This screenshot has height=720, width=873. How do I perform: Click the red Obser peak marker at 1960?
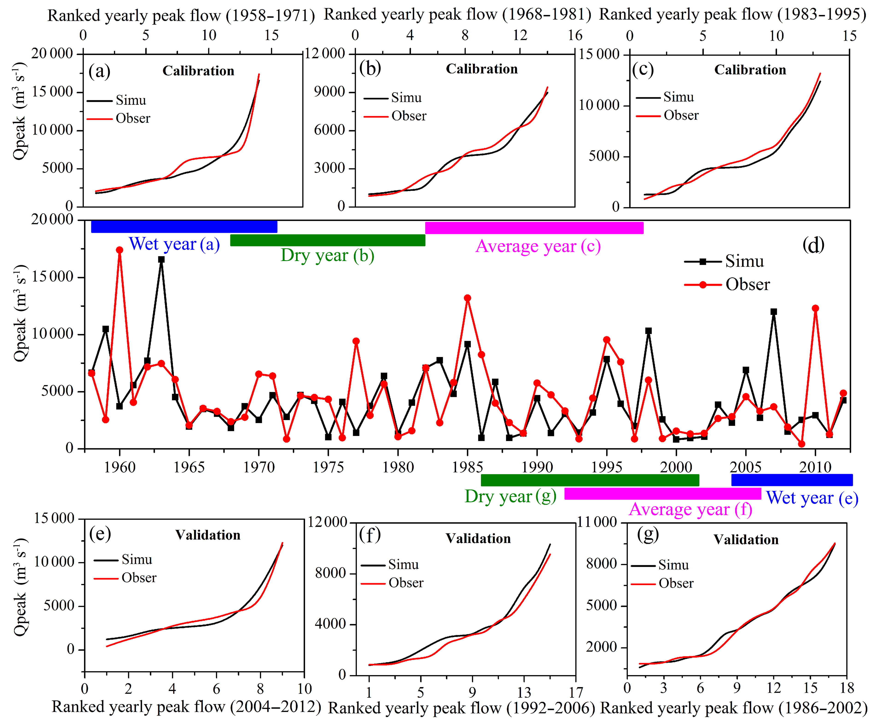point(119,250)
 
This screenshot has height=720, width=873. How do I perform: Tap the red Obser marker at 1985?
point(467,298)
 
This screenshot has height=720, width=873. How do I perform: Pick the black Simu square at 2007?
point(774,311)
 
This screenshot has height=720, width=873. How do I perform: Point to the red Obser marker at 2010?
point(815,308)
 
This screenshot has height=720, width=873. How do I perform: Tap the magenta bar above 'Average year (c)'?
point(534,228)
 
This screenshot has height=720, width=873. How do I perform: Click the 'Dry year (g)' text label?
point(510,496)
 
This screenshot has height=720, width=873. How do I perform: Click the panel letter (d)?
point(813,246)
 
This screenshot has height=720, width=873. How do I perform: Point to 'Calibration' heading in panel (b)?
point(481,69)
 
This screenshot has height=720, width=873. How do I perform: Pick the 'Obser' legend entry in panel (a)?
point(133,119)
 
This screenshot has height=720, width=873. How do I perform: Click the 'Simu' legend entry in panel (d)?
point(745,261)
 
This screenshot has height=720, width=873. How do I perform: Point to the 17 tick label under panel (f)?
point(576,692)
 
